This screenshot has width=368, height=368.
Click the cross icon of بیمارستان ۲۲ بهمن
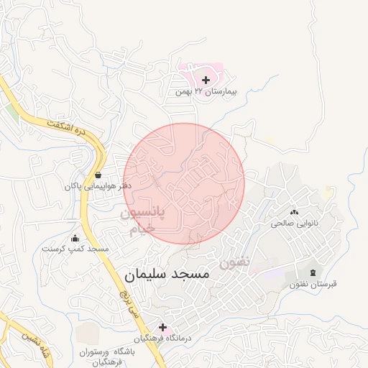[x=206, y=80]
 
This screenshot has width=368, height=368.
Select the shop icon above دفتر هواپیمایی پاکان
[x=98, y=174]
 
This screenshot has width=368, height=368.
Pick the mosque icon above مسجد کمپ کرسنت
[x=75, y=238]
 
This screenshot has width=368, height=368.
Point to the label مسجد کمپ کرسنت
[x=75, y=249]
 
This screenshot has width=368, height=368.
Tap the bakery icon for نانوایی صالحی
[x=294, y=211]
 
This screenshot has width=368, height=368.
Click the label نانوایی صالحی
[x=293, y=224]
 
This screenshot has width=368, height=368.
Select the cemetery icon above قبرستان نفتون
[x=313, y=272]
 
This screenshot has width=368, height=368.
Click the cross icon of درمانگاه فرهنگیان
[x=162, y=327]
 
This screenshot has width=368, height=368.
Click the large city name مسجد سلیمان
[x=167, y=275]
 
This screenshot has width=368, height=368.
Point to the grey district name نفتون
[x=234, y=262]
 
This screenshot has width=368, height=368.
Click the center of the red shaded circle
[x=184, y=183]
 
